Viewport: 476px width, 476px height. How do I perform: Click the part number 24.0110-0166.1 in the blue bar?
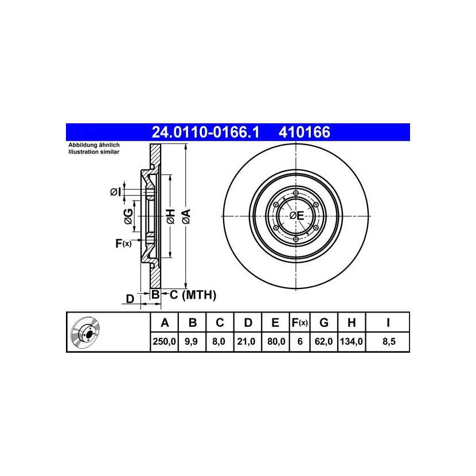tap(205, 132)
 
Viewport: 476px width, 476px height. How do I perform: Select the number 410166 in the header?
tap(304, 132)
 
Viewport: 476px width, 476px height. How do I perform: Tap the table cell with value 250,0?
tap(164, 342)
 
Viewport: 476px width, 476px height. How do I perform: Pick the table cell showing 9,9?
tap(192, 342)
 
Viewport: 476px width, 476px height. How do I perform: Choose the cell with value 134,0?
tap(351, 342)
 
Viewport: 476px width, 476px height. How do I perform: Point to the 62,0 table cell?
tap(323, 342)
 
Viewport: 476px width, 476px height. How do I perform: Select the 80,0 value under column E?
tap(276, 342)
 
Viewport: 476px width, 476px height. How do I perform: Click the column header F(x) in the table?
tap(299, 323)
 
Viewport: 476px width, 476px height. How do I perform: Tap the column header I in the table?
tap(388, 323)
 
